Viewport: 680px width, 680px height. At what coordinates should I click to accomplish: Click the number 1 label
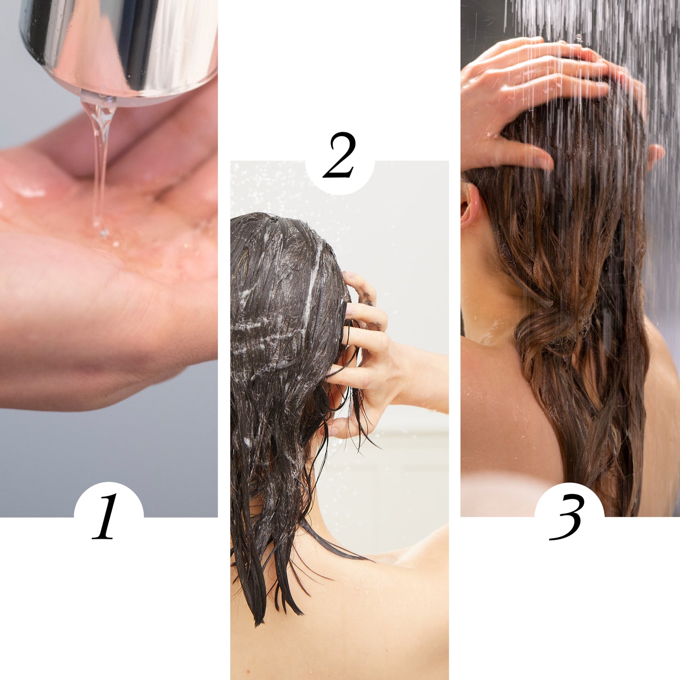[106, 516]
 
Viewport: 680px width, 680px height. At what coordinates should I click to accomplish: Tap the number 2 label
[339, 155]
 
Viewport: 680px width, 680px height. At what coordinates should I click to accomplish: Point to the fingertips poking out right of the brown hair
[656, 153]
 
